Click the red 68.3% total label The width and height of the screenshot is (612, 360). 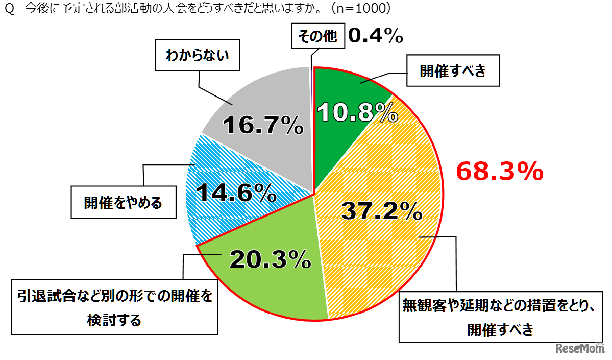tap(499, 172)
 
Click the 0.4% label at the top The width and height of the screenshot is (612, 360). tap(376, 36)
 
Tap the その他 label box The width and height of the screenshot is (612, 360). tap(317, 37)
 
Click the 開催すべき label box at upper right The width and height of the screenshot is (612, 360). tap(452, 71)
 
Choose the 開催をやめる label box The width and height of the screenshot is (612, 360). tap(123, 202)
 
